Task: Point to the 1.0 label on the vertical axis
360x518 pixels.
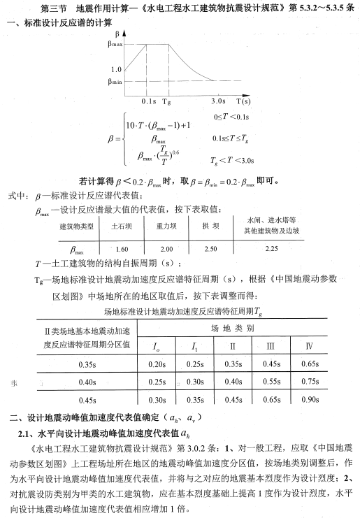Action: [x=116, y=69]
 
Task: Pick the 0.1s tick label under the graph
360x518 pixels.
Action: [x=149, y=101]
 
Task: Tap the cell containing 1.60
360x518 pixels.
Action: [x=120, y=249]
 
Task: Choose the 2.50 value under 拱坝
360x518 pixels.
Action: [x=210, y=249]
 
